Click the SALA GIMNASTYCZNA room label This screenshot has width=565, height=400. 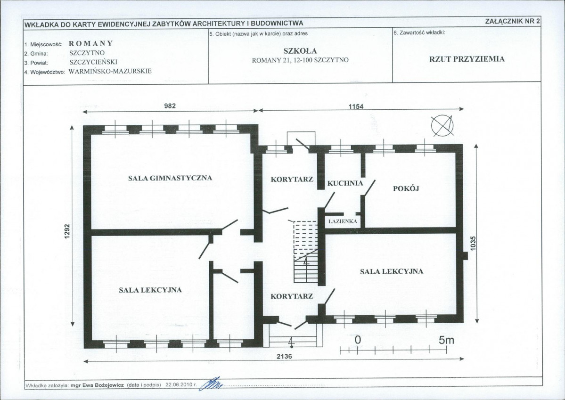point(170,178)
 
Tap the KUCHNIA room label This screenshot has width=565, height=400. point(345,183)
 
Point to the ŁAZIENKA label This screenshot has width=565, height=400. point(343,221)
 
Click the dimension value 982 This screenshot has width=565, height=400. point(170,106)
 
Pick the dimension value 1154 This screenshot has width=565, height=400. point(356,106)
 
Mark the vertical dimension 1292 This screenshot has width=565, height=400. point(66,232)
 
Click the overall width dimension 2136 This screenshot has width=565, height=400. point(284,356)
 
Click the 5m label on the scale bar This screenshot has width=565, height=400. point(446,340)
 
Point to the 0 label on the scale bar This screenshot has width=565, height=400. point(358,340)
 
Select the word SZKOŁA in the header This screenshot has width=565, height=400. point(300,51)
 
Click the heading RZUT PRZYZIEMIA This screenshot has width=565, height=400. point(467,59)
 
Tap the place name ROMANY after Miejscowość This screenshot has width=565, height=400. point(91,44)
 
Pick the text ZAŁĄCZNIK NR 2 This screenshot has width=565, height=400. point(512,21)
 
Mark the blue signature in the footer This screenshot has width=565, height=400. point(213,384)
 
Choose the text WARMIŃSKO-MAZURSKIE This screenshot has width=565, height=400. point(110,71)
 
